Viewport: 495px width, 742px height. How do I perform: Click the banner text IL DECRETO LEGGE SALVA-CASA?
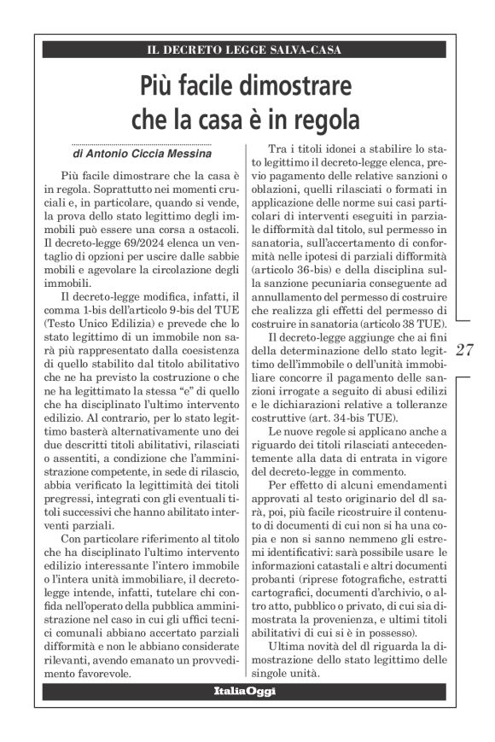244,50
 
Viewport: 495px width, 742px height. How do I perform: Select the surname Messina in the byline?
184,154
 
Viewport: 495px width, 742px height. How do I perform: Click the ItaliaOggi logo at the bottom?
244,690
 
